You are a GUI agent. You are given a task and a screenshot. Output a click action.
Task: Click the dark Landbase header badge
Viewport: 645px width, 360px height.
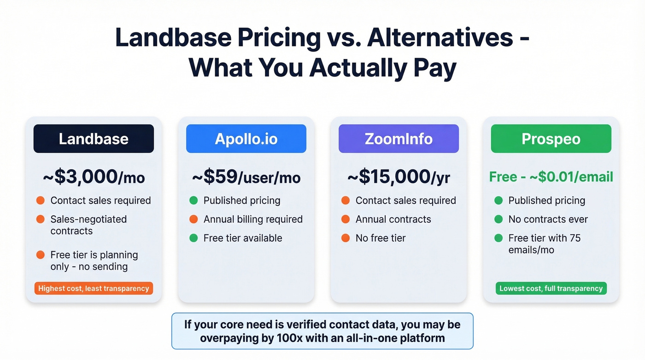coord(94,139)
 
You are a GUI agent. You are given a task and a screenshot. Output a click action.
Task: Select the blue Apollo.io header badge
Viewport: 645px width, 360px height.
coord(246,139)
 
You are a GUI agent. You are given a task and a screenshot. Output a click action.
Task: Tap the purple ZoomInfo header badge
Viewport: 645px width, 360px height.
coord(399,139)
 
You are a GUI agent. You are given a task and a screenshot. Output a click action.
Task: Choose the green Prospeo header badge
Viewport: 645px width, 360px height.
coord(551,139)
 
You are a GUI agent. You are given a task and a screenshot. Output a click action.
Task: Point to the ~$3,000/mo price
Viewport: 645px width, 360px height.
coord(94,177)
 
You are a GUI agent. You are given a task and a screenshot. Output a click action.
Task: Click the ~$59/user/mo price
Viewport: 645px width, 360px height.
coord(246,177)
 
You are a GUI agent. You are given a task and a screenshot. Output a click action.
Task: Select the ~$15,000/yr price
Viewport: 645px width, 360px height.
coord(399,177)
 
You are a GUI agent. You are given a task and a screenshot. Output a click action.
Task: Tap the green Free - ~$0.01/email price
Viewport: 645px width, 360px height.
coord(551,177)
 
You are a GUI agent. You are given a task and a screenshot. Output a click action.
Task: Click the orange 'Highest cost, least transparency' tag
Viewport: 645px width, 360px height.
coord(94,289)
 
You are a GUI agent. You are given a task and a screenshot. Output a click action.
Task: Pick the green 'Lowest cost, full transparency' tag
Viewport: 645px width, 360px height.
coord(551,289)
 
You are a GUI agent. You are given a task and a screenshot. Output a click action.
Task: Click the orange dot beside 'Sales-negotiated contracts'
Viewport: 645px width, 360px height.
coord(41,219)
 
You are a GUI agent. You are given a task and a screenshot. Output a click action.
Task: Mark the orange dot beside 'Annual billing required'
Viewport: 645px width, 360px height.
coord(193,219)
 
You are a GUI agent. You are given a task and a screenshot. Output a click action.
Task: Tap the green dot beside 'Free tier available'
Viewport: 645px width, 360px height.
coord(193,238)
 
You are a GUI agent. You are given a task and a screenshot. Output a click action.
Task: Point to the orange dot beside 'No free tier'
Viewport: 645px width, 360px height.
coord(346,238)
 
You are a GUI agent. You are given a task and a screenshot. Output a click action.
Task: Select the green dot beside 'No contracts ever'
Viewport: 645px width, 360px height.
coord(498,219)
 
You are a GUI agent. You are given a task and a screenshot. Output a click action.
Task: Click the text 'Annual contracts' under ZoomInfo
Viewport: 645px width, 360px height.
coord(393,219)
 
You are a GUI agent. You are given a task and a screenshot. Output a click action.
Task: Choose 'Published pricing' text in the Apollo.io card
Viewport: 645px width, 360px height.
coord(242,201)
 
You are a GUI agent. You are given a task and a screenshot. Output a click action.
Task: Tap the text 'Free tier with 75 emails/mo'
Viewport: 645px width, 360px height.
coord(544,244)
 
